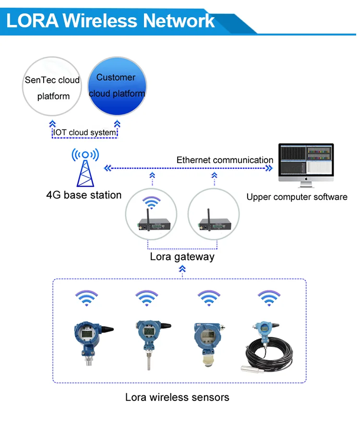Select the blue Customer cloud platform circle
117,86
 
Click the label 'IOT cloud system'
84,132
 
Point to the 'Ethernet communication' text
225,160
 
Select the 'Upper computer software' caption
297,197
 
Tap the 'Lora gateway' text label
182,257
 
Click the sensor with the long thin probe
149,341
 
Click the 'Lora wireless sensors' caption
177,397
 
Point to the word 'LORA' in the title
33,21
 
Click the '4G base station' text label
84,195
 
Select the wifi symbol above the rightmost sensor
267,297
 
